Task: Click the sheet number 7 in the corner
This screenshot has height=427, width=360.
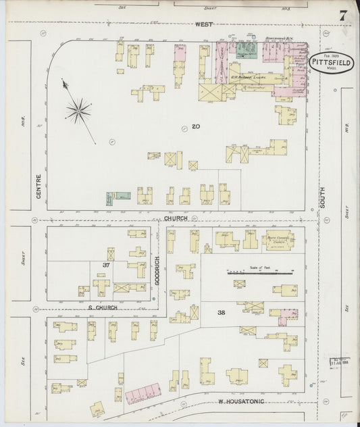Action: point(343,15)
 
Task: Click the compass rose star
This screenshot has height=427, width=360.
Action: point(79,110)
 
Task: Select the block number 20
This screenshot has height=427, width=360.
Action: point(195,126)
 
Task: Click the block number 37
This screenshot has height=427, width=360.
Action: point(106,264)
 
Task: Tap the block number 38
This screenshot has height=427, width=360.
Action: point(222,311)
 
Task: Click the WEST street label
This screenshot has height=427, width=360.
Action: point(204,24)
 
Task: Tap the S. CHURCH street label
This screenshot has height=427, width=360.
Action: point(103,307)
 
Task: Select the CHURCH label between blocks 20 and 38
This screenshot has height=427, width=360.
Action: point(174,219)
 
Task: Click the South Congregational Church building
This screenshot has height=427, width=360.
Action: point(278,241)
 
